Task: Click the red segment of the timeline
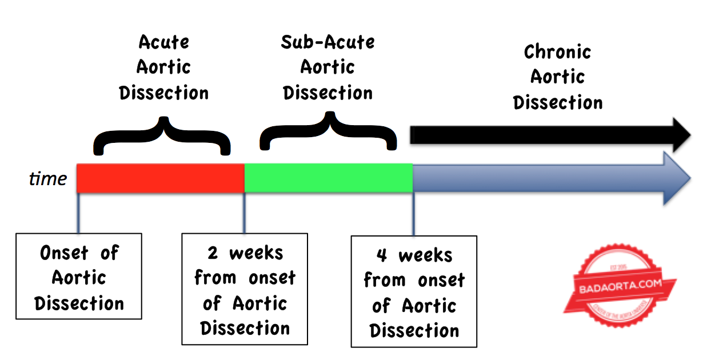coord(161,178)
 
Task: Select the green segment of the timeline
coord(329,178)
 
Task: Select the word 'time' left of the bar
coord(48,179)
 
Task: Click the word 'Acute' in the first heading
coord(163,42)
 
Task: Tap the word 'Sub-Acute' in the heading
coord(328,42)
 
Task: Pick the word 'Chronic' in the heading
coord(557,52)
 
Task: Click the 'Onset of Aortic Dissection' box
coord(79,276)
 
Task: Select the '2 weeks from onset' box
coord(245,289)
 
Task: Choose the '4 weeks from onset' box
coord(414,291)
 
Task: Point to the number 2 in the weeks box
coord(212,253)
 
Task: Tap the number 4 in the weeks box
coord(381,255)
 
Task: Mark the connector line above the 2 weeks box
coord(245,213)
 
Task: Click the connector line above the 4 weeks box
coord(413,214)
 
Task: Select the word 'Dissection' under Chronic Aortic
coord(557,103)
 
